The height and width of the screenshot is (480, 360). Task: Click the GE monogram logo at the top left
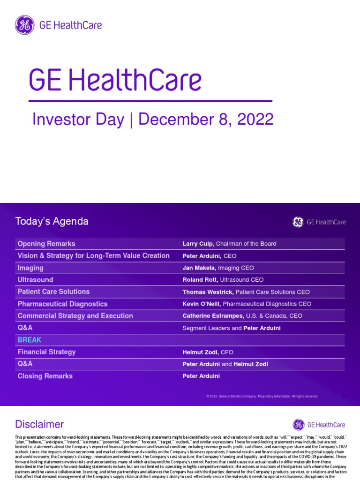24,25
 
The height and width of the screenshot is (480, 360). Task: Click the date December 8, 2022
206,120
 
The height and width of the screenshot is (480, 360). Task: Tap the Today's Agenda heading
52,221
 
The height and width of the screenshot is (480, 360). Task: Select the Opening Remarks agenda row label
46,244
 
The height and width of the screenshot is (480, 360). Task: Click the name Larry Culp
198,244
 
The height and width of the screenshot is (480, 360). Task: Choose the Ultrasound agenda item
35,280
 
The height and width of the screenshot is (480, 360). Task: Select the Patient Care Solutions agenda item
53,292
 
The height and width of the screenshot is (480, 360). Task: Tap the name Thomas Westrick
208,292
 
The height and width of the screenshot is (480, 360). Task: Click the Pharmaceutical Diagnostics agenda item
62,304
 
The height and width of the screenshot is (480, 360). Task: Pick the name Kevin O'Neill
201,304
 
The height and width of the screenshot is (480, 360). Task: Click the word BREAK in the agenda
30,340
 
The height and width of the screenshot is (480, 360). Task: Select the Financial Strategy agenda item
46,352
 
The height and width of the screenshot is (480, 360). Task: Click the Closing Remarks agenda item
45,376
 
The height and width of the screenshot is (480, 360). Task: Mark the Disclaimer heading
39,424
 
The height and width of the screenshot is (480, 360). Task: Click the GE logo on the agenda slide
298,222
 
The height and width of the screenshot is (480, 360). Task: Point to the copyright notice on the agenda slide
262,396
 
